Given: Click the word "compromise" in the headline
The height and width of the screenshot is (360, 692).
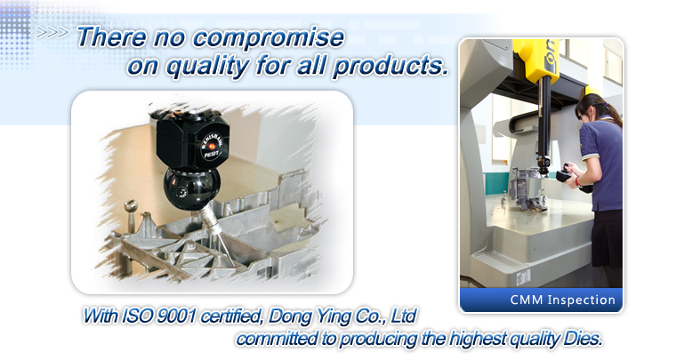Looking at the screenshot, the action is click(x=269, y=38).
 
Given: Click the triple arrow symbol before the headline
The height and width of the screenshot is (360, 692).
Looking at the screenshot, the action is click(x=52, y=33).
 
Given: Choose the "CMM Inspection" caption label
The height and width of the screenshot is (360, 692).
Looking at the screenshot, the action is click(x=563, y=300).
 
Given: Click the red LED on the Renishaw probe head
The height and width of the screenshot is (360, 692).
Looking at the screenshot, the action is click(x=212, y=146).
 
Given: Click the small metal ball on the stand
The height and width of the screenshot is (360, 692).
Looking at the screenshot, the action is click(x=130, y=205).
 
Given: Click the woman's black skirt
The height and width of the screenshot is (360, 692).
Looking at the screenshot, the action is click(x=608, y=238).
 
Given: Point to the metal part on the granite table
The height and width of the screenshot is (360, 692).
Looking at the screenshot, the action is click(x=528, y=190).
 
